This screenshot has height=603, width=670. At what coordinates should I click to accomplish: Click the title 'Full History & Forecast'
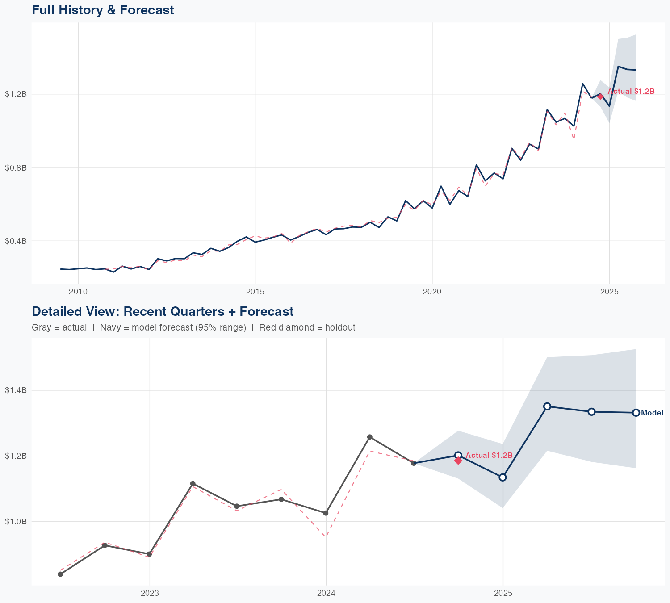click(103, 10)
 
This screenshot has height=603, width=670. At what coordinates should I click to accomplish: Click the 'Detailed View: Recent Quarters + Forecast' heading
click(163, 311)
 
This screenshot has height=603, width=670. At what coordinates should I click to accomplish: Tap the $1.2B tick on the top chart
click(16, 94)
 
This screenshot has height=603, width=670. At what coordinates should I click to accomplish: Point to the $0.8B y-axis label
click(16, 168)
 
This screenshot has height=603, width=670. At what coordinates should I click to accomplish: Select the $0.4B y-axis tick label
click(16, 241)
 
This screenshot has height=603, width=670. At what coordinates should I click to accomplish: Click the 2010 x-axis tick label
click(78, 292)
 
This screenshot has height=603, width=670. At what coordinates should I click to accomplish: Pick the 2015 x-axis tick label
click(255, 292)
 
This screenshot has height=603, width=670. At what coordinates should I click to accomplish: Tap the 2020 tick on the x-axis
click(432, 292)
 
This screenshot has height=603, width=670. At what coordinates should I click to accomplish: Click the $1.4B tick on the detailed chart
click(16, 390)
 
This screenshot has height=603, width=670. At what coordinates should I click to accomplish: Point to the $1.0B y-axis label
click(16, 522)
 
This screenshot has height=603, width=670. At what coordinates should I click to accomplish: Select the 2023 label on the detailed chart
click(149, 593)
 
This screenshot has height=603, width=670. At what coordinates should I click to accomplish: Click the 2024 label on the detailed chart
click(326, 593)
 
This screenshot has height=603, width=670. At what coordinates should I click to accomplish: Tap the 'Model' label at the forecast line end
click(652, 413)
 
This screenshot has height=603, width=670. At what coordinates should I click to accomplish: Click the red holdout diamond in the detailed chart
click(458, 461)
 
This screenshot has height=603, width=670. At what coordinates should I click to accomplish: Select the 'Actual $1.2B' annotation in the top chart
click(631, 92)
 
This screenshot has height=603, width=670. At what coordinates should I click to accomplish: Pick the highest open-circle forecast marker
click(547, 406)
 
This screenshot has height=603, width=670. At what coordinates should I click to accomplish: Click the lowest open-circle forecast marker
click(502, 477)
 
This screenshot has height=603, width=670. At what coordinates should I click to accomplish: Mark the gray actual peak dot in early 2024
click(370, 437)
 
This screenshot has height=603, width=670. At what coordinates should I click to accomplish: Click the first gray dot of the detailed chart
click(60, 574)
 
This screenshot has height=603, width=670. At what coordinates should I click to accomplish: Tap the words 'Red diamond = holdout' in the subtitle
click(307, 327)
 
